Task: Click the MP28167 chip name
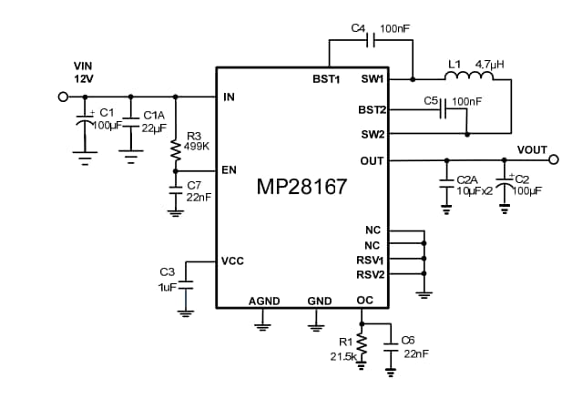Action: [301, 188]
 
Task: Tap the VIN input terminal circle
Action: [64, 97]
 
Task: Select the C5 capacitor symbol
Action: [444, 110]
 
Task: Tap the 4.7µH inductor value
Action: [490, 65]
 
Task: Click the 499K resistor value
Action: [196, 146]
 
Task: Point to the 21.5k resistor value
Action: [342, 357]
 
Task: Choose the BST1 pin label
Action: [325, 79]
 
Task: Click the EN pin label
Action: [228, 170]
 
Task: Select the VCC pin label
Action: [231, 261]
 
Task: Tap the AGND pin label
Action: [263, 301]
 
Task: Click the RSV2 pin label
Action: [370, 273]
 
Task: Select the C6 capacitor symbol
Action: [392, 346]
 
